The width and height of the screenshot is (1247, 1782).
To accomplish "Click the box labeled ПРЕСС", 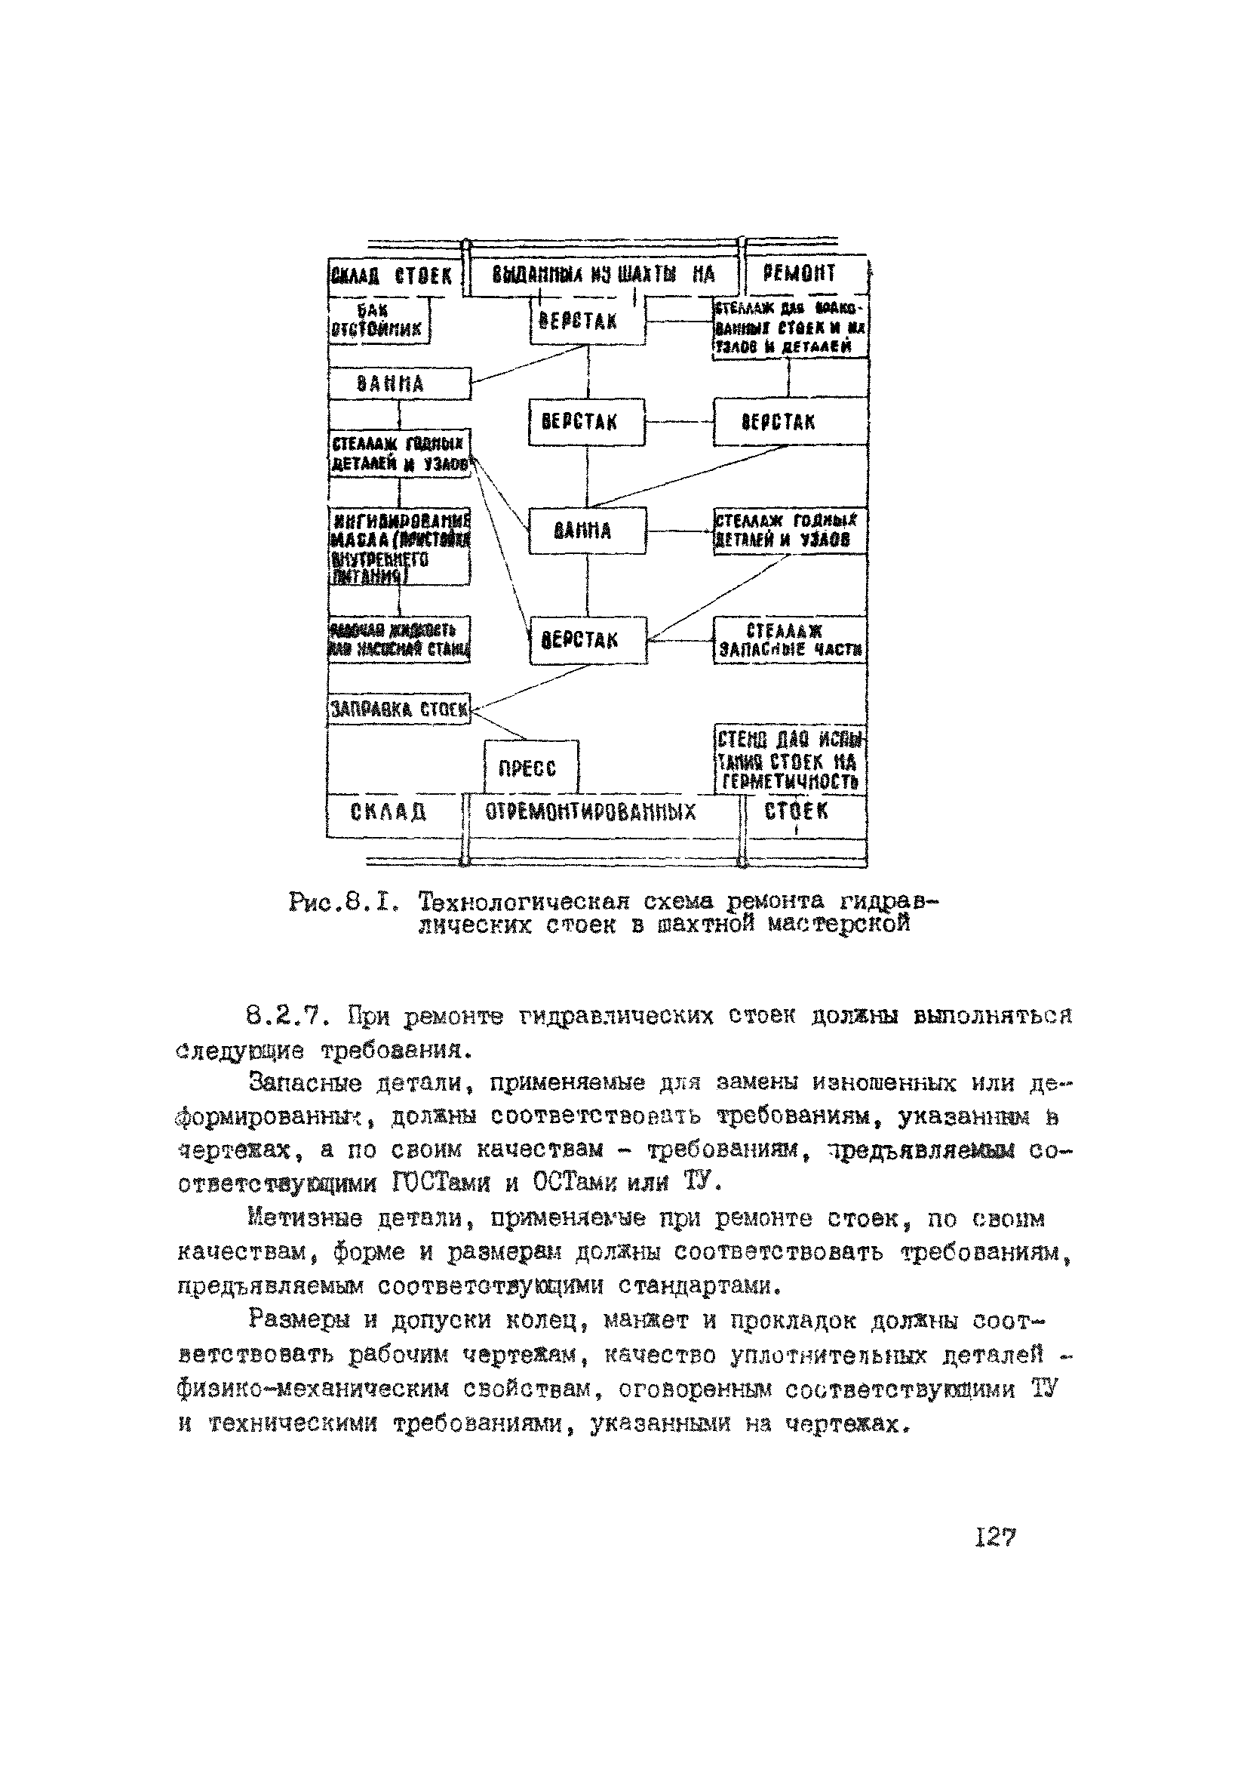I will (531, 767).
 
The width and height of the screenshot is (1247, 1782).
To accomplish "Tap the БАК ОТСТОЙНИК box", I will (378, 320).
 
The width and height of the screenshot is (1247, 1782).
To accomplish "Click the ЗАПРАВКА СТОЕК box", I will (399, 709).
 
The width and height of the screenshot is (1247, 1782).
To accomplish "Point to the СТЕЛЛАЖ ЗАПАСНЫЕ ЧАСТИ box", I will (789, 640).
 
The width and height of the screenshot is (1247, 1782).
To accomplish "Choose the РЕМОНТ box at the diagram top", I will (803, 274).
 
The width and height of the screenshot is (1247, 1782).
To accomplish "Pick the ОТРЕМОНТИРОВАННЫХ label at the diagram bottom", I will (591, 813).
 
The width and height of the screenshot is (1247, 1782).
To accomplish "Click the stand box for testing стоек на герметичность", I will (789, 760).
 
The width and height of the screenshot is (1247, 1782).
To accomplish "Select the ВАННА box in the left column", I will (399, 383).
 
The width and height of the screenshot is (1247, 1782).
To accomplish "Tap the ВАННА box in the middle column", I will (587, 531).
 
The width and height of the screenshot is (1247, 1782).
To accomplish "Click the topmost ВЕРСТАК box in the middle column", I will (587, 322).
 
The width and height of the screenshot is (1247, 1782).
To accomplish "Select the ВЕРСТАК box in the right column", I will (789, 422).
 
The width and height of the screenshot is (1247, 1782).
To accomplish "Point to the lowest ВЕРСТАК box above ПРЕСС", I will (588, 640).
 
